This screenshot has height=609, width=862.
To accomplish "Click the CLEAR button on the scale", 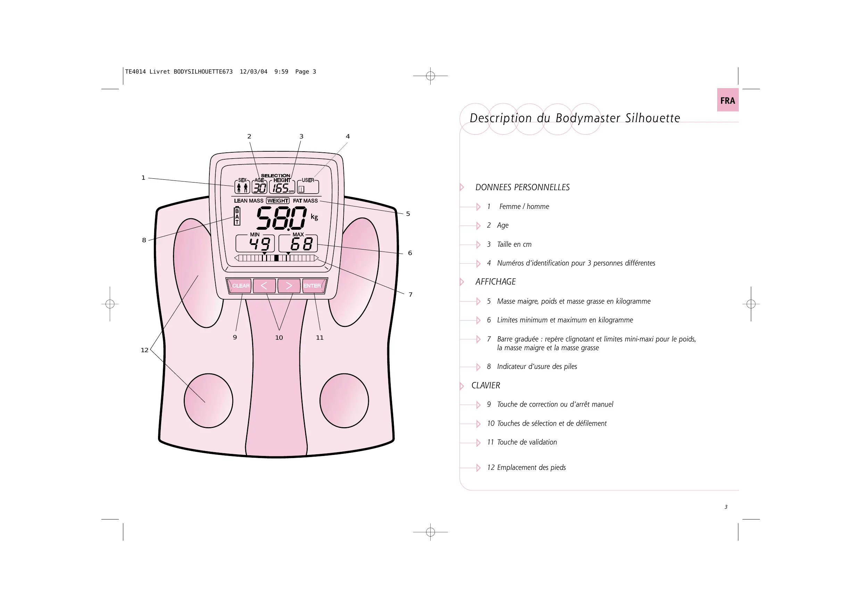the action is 240,286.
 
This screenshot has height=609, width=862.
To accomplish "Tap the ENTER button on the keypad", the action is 312,286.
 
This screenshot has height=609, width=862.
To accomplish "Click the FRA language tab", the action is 727,100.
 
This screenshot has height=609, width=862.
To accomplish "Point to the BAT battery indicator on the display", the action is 237,216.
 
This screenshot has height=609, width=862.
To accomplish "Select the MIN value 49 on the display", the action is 259,244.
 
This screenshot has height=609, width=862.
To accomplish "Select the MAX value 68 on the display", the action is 301,244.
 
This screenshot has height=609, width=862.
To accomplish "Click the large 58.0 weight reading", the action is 282,218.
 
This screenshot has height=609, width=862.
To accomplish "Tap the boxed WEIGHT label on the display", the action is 278,201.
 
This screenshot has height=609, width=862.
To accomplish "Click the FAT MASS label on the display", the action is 305,201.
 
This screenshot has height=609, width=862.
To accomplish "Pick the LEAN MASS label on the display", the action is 249,201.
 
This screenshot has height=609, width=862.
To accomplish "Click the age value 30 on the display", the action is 259,188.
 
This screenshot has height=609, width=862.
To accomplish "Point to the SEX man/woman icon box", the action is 242,187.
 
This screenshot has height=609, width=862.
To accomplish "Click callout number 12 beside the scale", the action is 144,350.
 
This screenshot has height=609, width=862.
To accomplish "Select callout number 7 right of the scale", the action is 411,295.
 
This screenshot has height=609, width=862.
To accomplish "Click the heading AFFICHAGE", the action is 495,282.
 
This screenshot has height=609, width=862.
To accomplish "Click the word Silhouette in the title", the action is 653,118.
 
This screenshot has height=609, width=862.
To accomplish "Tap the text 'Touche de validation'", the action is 527,442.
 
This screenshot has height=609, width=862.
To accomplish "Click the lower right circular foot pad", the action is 344,401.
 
